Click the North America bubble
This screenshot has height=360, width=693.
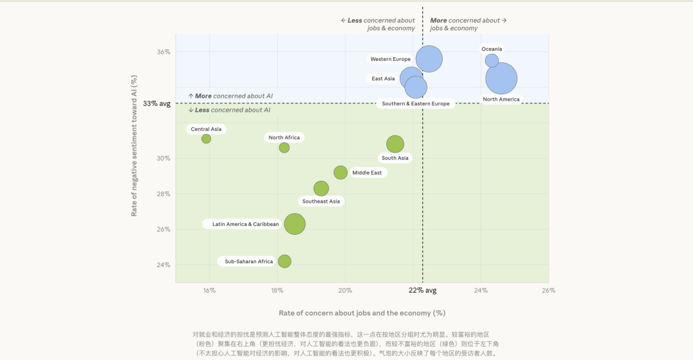click(501, 78)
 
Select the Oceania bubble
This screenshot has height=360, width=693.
click(492, 60)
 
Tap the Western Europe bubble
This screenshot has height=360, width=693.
click(429, 59)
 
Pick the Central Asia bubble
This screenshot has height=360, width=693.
click(206, 139)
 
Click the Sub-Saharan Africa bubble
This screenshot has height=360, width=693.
click(284, 261)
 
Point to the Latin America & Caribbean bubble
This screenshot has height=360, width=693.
click(295, 224)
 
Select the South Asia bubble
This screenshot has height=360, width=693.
click(395, 144)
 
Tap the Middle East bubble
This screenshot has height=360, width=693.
click(341, 172)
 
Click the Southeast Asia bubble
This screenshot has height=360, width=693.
click(321, 188)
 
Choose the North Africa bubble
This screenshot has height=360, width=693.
click(284, 148)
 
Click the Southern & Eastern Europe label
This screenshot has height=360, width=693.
click(415, 103)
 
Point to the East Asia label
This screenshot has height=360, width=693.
click(383, 79)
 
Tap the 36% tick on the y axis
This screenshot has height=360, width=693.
click(164, 52)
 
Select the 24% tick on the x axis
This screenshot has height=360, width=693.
click(481, 290)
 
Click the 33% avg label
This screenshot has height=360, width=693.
click(157, 103)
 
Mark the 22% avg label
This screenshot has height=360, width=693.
click(422, 290)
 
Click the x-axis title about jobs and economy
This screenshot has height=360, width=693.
click(362, 313)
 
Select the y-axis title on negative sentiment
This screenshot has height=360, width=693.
click(134, 145)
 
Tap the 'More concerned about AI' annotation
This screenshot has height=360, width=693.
click(230, 96)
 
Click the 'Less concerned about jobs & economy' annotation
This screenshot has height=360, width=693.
click(378, 24)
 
